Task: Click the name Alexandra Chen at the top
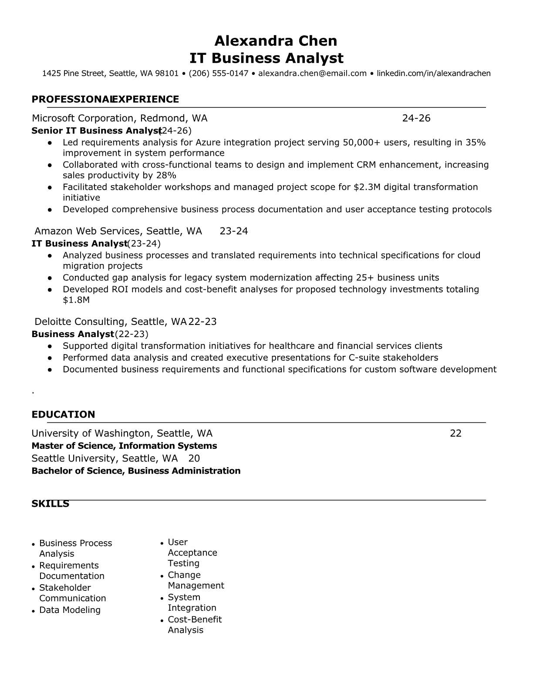(276, 41)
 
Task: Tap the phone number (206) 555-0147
(218, 74)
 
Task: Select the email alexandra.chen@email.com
(312, 74)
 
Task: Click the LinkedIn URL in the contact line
(433, 74)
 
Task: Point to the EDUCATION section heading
(63, 415)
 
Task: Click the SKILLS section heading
(50, 504)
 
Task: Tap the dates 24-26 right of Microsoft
(416, 118)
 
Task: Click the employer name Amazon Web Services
(88, 231)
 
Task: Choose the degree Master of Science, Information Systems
(124, 446)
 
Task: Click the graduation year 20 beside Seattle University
(194, 458)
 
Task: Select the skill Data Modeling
(70, 610)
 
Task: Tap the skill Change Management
(196, 580)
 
